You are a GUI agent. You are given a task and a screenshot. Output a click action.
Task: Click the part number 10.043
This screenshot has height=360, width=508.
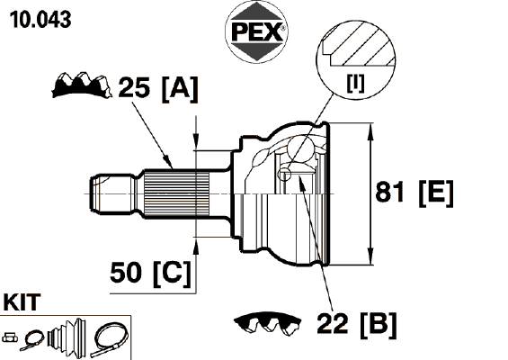point(40,20)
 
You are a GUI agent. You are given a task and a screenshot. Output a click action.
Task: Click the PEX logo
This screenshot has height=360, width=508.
point(256,31)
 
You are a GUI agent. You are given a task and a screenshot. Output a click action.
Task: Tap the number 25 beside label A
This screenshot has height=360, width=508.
point(134,87)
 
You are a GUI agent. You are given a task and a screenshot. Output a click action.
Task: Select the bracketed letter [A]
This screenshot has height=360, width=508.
point(179,88)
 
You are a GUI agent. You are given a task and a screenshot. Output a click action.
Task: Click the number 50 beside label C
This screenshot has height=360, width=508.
point(126,273)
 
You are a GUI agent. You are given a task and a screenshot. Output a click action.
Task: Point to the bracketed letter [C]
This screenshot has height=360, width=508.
point(172,274)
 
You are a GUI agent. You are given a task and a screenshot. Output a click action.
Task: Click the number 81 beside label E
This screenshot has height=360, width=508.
point(390,192)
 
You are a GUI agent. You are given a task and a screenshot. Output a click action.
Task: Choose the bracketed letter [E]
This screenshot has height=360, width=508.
point(436,193)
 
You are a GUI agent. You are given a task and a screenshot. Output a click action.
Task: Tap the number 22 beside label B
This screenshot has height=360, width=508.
point(333,323)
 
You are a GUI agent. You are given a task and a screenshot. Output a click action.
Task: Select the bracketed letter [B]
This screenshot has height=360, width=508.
point(379,324)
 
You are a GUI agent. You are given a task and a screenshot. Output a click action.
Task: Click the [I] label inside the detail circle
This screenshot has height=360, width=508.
point(355,83)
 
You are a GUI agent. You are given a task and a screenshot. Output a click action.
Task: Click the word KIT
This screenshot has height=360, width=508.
point(22,302)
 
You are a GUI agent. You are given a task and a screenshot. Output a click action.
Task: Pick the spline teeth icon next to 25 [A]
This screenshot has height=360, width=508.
point(82,85)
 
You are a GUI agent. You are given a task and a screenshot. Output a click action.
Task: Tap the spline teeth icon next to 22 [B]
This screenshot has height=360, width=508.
point(267,324)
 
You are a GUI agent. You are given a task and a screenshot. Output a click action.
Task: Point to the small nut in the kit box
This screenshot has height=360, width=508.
point(10,337)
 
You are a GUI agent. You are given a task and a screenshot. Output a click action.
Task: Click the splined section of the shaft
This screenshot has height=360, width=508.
point(176,193)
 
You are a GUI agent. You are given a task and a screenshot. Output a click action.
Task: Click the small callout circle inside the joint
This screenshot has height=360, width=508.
point(284,174)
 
